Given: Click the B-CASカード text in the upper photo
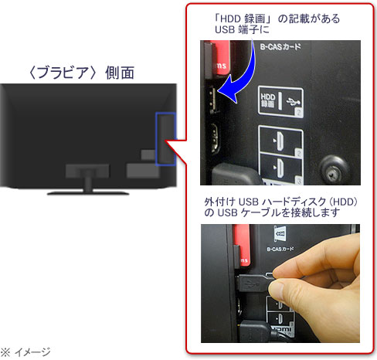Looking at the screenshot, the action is tap(280, 47).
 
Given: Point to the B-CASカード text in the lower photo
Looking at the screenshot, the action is tap(280, 249).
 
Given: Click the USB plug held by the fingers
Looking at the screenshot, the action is tap(253, 284).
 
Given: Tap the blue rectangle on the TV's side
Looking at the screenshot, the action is tap(166, 138).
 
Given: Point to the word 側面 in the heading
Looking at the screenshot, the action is tap(120, 73).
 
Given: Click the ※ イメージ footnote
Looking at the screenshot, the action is tap(25, 352).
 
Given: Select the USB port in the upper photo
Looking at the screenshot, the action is tap(212, 100).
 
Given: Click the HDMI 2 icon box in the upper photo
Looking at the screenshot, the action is tap(280, 141).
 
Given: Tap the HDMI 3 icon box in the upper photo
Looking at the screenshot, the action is tap(280, 168).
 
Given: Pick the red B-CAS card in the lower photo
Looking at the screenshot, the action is tap(241, 246).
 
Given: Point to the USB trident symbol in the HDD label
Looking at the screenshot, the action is tap(293, 102).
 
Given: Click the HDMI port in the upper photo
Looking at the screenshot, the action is tap(214, 138).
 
